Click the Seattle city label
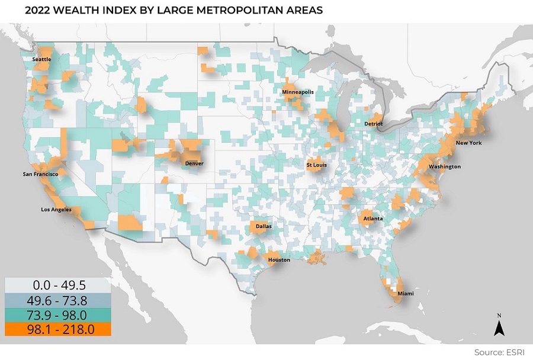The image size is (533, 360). [x=41, y=59]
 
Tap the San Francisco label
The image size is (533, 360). [x=40, y=174]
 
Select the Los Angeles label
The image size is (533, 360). [x=56, y=210]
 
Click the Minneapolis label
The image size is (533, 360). [x=298, y=93]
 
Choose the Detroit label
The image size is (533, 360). [x=374, y=124]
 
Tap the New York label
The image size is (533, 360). [x=468, y=143]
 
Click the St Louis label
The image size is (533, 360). [x=316, y=165]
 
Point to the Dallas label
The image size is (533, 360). [x=264, y=226]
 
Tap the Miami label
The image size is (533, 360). [x=406, y=294]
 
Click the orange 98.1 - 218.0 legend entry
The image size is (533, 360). [x=58, y=329]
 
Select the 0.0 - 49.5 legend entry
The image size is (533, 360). [x=58, y=287]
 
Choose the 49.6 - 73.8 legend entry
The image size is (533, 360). [x=58, y=301]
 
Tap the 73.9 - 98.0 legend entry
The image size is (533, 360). [x=58, y=315]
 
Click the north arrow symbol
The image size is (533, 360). [x=499, y=325]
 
